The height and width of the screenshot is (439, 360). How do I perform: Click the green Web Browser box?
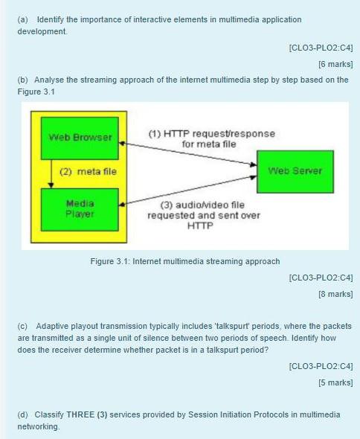pos(80,138)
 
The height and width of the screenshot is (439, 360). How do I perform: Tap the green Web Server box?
pos(295,171)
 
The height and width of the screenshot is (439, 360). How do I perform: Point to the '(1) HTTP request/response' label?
pos(210,134)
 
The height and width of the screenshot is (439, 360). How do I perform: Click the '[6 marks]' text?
pos(335,64)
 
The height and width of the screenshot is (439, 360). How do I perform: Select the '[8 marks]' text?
pos(335,295)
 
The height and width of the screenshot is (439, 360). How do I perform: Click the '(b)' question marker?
pos(22,80)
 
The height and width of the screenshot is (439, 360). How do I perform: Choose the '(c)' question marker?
pos(22,326)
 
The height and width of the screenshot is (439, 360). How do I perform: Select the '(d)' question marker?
pos(22,414)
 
